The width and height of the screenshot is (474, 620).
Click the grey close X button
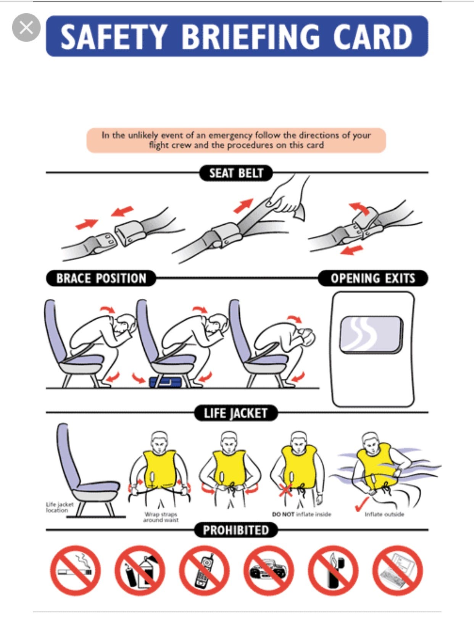click(x=26, y=27)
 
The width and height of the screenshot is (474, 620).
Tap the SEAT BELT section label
click(x=236, y=173)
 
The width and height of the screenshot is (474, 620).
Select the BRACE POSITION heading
click(x=101, y=278)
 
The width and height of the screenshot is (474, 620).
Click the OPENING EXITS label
click(x=372, y=278)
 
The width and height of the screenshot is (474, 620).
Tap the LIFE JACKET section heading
click(x=235, y=413)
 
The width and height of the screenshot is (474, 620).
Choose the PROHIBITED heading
click(x=235, y=530)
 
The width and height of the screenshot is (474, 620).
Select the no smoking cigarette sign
click(x=75, y=571)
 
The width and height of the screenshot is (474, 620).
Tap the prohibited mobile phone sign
click(x=204, y=571)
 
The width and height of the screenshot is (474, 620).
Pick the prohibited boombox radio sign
click(x=269, y=571)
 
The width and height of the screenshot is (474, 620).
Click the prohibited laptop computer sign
click(x=398, y=571)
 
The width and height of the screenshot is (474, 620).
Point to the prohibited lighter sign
click(x=333, y=571)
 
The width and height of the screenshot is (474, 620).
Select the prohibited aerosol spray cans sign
click(x=140, y=571)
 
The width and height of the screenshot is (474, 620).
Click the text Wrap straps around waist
click(x=161, y=517)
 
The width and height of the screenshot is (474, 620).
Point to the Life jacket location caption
click(x=59, y=507)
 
